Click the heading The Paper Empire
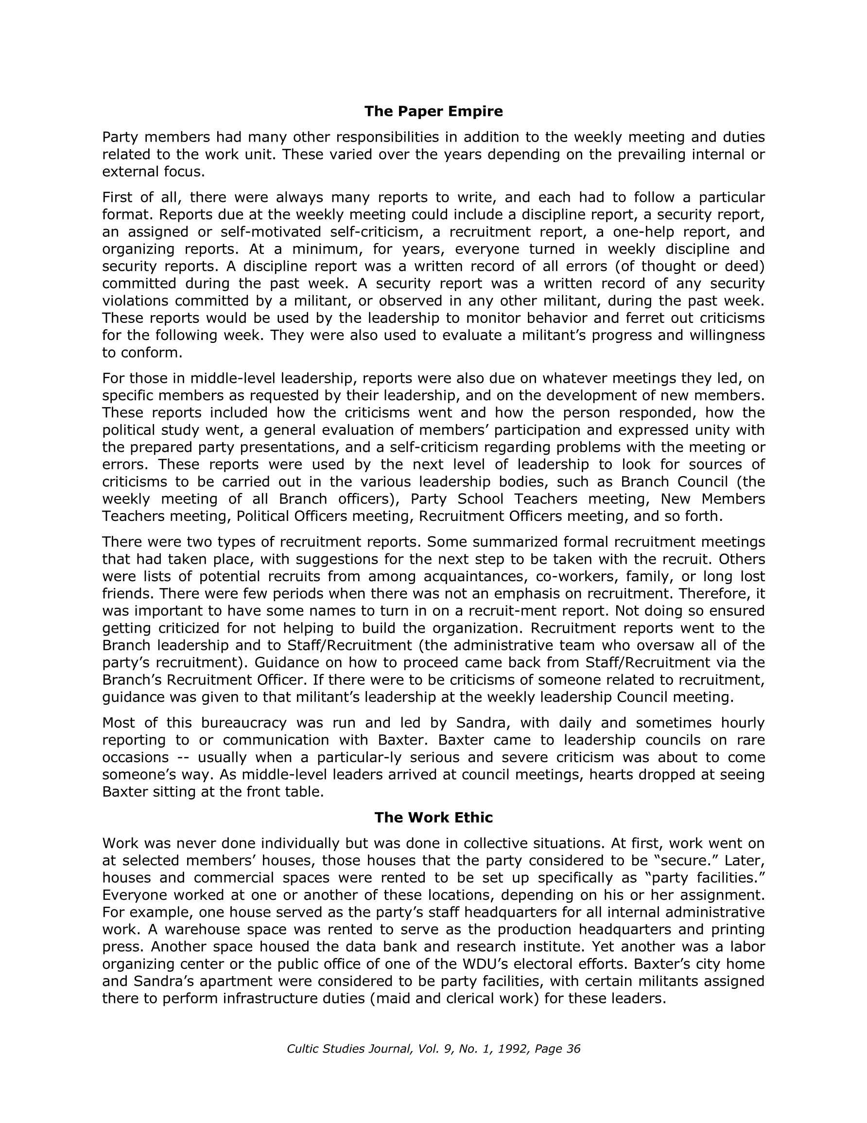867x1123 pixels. point(433,111)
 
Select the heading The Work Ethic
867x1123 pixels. point(433,817)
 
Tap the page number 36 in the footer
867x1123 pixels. point(573,1049)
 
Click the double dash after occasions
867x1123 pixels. point(183,757)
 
